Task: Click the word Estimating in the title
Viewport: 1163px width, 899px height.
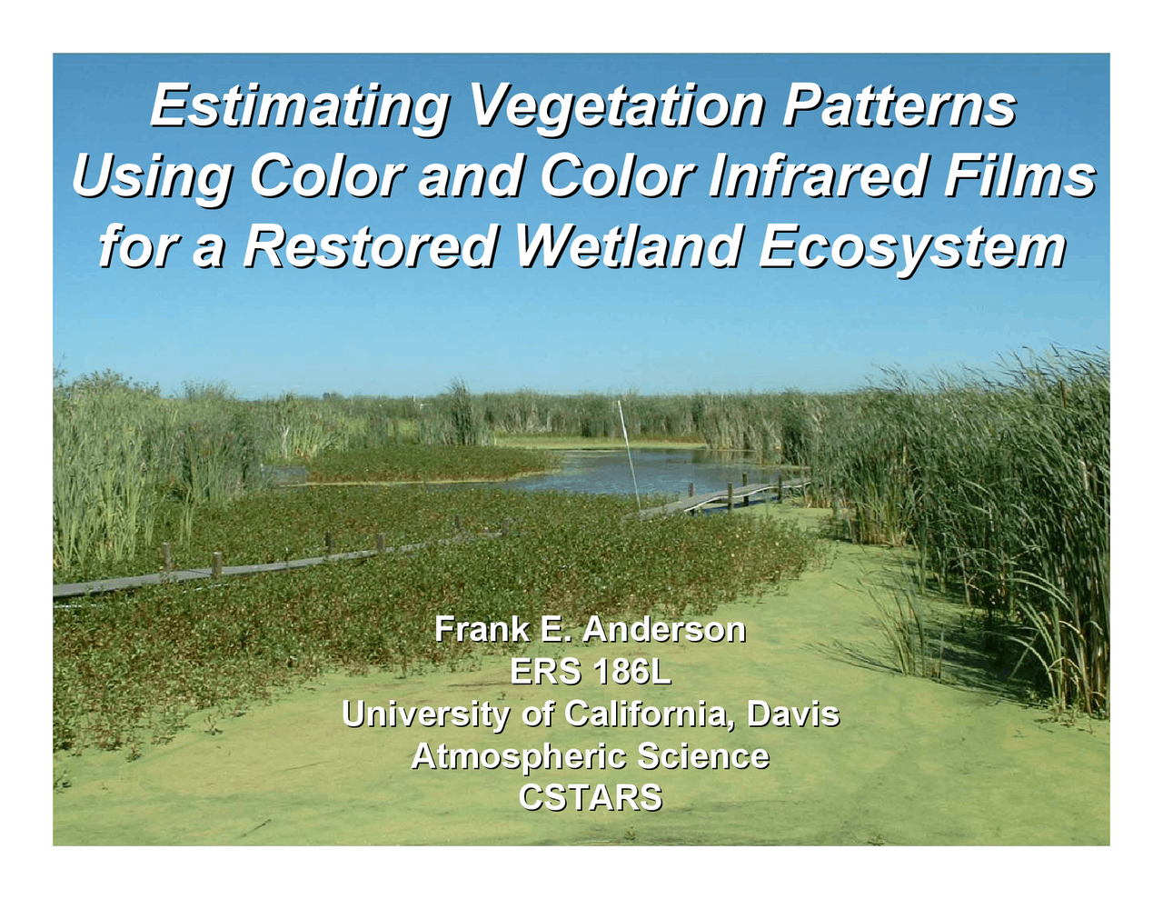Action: point(298,105)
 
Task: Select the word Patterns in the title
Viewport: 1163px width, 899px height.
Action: point(898,105)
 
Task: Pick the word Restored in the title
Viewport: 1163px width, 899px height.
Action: point(369,246)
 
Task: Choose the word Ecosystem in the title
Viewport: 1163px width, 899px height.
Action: point(911,246)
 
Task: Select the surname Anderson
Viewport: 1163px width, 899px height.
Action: point(664,629)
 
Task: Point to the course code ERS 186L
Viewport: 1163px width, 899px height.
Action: point(590,672)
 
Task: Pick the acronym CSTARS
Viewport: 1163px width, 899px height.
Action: point(590,798)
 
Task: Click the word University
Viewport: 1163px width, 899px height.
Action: point(425,714)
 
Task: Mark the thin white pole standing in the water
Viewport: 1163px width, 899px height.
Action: point(629,454)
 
